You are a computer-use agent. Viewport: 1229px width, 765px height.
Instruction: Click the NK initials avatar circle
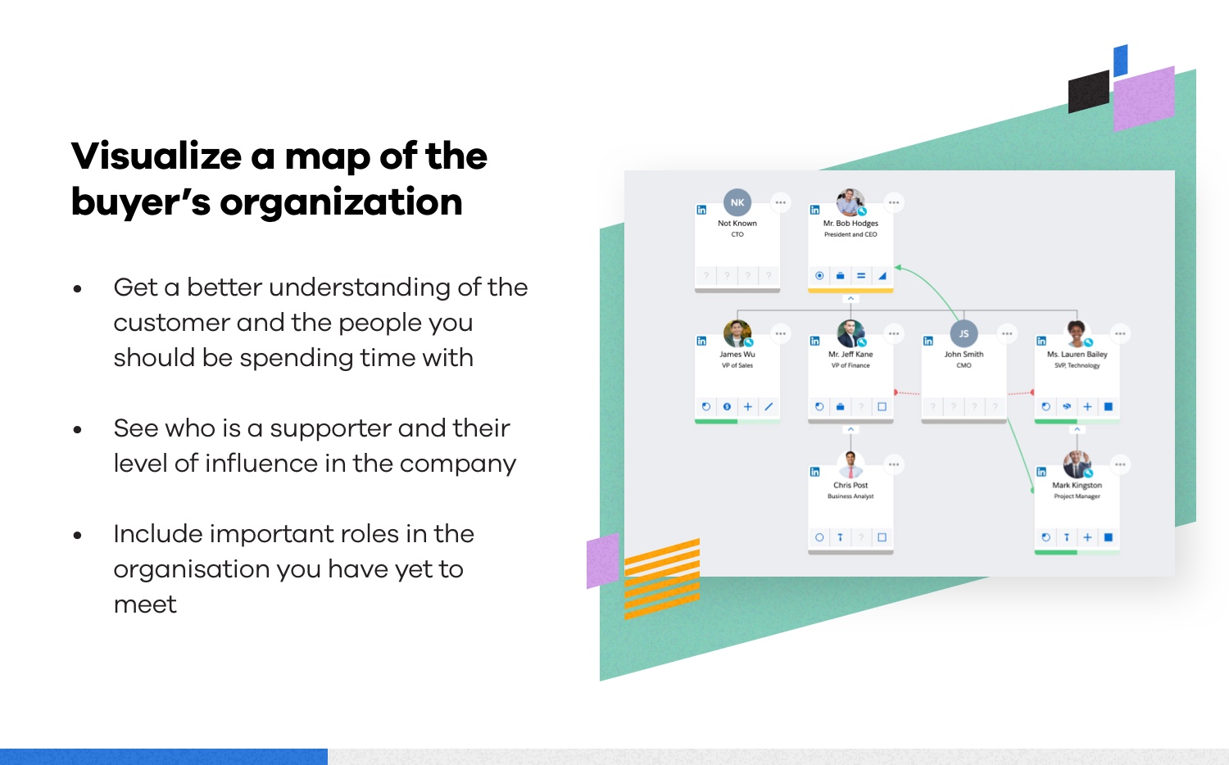pos(737,202)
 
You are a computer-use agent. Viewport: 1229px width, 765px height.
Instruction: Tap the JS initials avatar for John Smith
pos(964,333)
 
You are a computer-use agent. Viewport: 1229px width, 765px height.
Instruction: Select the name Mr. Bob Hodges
pos(850,224)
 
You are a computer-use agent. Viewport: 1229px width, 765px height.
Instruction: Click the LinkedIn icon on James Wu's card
pos(701,341)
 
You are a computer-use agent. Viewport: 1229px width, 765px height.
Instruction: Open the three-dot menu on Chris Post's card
pos(894,464)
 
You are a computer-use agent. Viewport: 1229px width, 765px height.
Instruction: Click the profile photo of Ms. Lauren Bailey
pos(1077,333)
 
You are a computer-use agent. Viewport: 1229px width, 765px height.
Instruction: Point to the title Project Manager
pos(1077,496)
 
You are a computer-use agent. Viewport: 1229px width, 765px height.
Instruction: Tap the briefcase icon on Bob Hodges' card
pos(840,276)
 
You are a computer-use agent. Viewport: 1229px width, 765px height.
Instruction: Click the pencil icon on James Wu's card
pos(769,407)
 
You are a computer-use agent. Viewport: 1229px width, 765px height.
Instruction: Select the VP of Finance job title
pos(850,365)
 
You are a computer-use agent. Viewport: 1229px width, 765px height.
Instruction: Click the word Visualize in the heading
pos(156,156)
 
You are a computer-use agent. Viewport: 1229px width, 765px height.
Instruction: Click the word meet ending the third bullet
pos(145,604)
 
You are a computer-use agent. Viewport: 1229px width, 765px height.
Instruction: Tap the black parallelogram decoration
pos(1089,92)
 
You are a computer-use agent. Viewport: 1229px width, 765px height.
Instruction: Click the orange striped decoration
pos(662,579)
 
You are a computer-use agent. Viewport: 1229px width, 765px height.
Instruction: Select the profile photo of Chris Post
pos(850,464)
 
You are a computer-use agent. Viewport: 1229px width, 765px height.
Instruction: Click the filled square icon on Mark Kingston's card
pos(1108,537)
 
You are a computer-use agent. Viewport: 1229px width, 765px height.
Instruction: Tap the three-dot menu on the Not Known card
pos(780,202)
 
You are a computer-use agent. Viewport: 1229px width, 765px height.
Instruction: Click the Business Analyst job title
pos(850,496)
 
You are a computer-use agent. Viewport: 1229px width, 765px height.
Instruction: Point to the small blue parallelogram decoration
pos(1120,61)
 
